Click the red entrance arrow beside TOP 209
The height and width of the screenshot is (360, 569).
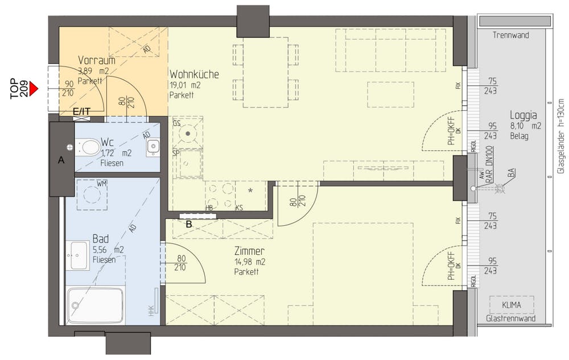[34, 89]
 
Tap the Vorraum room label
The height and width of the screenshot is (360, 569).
[97, 60]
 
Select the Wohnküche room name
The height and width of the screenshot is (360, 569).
[194, 75]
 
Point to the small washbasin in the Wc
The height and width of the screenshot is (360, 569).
[152, 148]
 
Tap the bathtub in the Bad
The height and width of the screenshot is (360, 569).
[96, 305]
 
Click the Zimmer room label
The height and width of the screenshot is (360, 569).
[249, 251]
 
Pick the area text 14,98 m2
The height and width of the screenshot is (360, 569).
[250, 262]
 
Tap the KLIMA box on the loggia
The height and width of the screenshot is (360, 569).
[511, 305]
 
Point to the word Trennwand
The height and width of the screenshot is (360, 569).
[510, 35]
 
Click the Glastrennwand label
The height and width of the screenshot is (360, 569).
[511, 320]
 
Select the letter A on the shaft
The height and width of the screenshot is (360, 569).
[61, 161]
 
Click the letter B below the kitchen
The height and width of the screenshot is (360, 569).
[188, 224]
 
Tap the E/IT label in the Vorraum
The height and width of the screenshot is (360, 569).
[81, 111]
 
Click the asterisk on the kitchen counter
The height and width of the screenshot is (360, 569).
[250, 191]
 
